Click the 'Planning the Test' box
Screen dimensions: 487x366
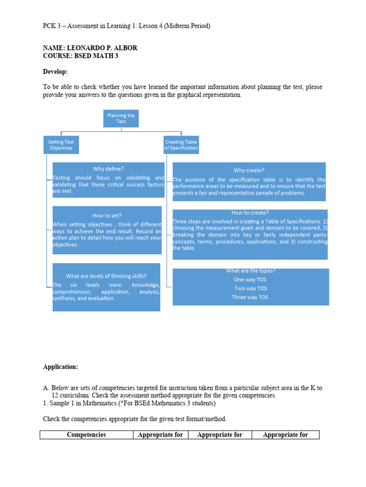pos(121,118)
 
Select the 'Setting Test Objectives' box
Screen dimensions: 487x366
pos(61,145)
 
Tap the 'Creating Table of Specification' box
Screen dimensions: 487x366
pos(182,145)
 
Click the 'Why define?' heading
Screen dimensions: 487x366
pos(108,168)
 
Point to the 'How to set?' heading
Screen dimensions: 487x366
pos(107,215)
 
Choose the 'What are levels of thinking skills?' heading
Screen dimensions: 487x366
pos(106,276)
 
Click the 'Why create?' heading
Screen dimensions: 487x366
pos(249,170)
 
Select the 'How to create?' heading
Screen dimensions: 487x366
pos(250,213)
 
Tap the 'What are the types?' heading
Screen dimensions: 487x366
pos(250,271)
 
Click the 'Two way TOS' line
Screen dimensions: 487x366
pos(250,288)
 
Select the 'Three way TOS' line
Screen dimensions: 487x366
pos(250,297)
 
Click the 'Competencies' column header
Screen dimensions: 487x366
pos(86,435)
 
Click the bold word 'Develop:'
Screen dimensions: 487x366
pos(55,71)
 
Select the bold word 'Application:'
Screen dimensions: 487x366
pos(61,367)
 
